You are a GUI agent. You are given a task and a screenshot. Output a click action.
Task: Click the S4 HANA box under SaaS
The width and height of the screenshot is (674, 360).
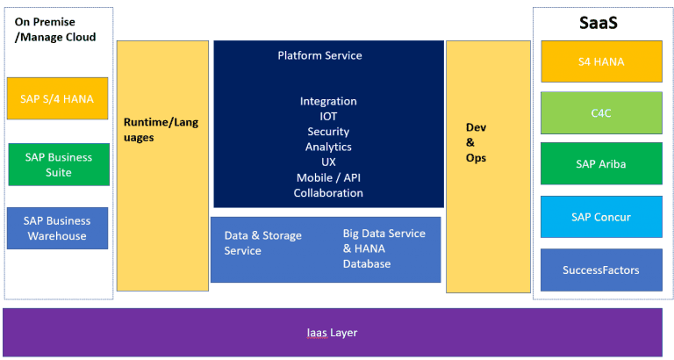click(601, 61)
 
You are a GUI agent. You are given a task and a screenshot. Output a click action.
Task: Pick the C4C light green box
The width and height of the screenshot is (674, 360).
click(601, 113)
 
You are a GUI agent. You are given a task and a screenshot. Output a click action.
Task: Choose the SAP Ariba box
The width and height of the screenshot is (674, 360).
click(601, 164)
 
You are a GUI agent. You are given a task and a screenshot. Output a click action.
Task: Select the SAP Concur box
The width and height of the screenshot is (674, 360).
click(601, 217)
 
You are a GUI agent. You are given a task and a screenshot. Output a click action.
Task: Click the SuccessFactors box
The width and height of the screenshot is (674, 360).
click(601, 270)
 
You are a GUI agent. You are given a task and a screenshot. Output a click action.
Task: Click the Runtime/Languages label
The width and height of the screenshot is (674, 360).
click(161, 130)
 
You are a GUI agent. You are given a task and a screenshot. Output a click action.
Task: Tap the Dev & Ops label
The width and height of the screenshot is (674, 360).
click(476, 142)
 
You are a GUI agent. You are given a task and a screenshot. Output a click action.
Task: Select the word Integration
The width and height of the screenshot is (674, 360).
click(328, 102)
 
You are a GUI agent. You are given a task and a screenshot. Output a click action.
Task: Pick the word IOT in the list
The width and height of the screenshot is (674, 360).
click(328, 117)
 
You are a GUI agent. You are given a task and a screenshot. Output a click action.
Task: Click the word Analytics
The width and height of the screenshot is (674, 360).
click(328, 147)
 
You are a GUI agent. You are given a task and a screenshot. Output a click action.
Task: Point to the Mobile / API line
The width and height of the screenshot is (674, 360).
click(328, 177)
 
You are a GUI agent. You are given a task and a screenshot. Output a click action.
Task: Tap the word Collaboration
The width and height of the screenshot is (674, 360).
click(328, 192)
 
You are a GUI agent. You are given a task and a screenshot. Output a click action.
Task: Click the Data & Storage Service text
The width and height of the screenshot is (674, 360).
click(263, 243)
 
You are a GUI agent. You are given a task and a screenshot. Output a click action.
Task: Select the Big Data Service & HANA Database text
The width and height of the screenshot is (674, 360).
click(384, 248)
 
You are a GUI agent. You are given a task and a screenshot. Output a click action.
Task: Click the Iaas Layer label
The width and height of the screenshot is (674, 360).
click(332, 333)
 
